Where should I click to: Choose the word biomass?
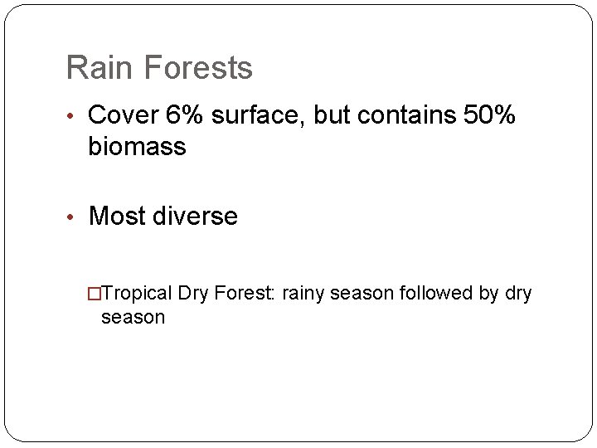[137, 148]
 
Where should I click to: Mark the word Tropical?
[137, 294]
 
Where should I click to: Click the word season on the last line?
[133, 317]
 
